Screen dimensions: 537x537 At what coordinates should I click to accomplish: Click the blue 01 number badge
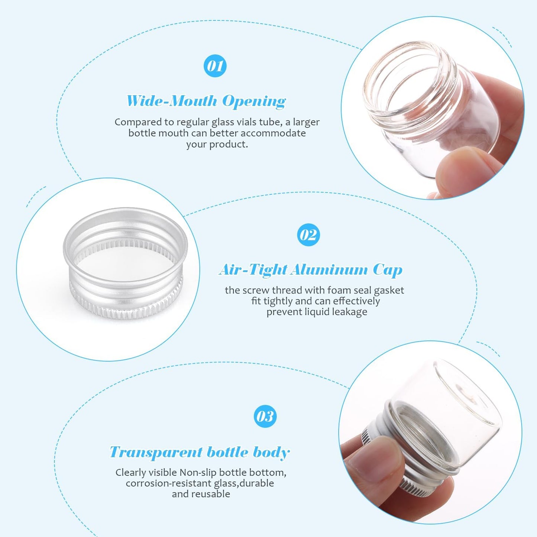(x=215, y=66)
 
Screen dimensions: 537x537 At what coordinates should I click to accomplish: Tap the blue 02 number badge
(x=308, y=234)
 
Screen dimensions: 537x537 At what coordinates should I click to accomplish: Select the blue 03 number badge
(x=265, y=416)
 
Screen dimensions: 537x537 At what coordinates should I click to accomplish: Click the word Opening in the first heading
(x=254, y=101)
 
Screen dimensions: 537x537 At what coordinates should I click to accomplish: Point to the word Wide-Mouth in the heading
(x=172, y=101)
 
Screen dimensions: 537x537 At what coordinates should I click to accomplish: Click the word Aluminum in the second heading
(x=329, y=269)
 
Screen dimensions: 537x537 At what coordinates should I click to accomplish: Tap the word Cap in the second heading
(x=388, y=270)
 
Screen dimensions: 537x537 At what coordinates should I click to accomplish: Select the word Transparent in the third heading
(x=156, y=452)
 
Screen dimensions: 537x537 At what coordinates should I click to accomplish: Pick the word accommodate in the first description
(x=273, y=133)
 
